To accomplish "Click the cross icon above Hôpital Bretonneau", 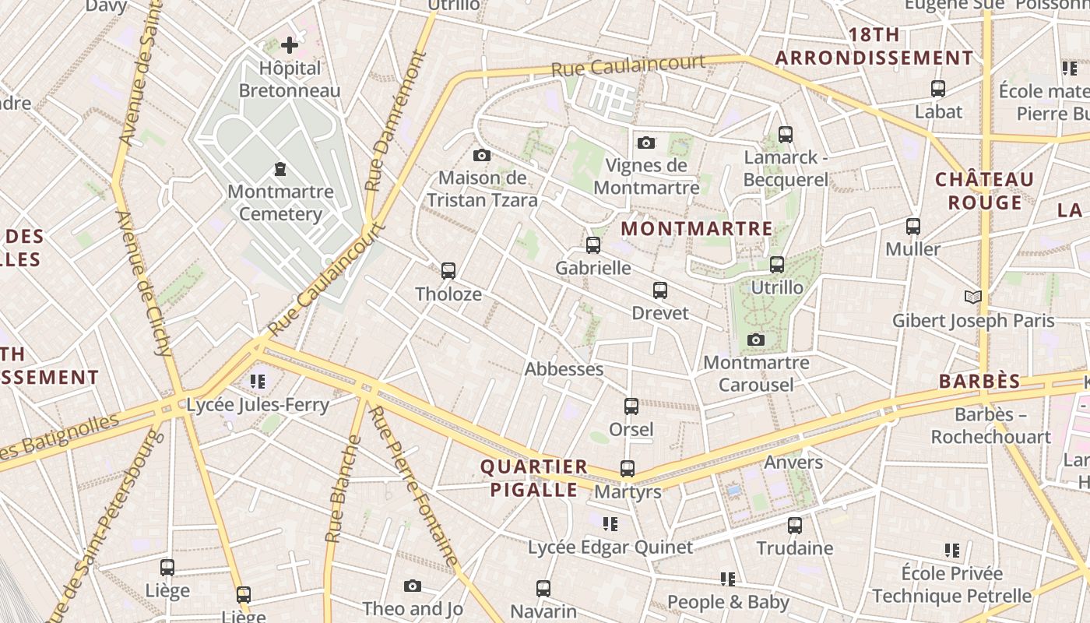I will point(290,45).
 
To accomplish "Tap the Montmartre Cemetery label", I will point(280,202).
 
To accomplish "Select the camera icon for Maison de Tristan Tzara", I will point(482,156).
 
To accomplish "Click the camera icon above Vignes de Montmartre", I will point(646,143).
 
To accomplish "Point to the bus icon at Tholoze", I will point(448,271).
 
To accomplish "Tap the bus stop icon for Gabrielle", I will point(593,245).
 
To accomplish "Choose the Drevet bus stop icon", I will point(660,290).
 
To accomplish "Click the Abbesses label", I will point(564,369).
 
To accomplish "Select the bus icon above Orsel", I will point(631,407).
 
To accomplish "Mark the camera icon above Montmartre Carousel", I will point(755,340).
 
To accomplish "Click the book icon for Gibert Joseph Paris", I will point(972,297).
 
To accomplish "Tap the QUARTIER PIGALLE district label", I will point(534,478).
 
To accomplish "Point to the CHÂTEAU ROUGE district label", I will point(984,191).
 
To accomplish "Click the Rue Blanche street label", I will point(343,489).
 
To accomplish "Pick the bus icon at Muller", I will point(913,227).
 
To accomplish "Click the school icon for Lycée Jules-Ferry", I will point(258,382).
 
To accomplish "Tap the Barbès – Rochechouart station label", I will point(991,425).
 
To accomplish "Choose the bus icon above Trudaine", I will point(795,525).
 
